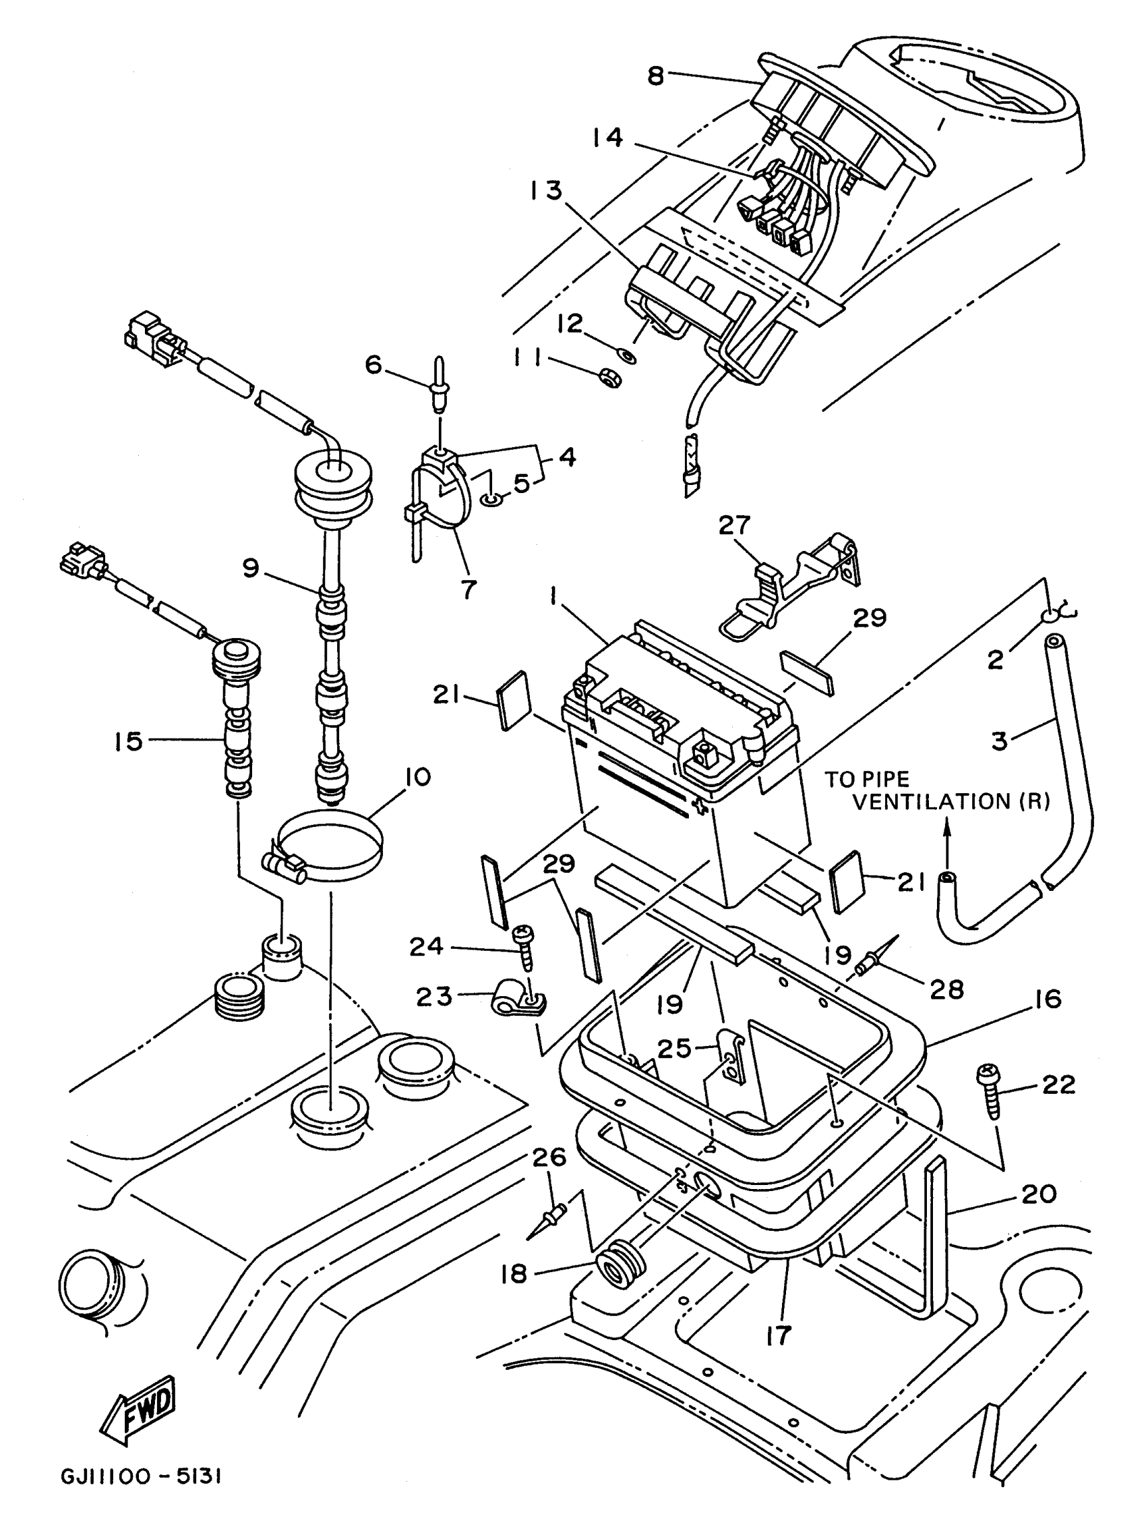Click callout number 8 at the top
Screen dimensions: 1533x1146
pyautogui.click(x=655, y=76)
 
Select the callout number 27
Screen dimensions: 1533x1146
pyautogui.click(x=733, y=525)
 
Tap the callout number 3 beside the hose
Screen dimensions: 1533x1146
pyautogui.click(x=998, y=740)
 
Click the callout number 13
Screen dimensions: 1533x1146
pyautogui.click(x=546, y=190)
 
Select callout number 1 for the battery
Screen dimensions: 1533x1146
pyautogui.click(x=553, y=596)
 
